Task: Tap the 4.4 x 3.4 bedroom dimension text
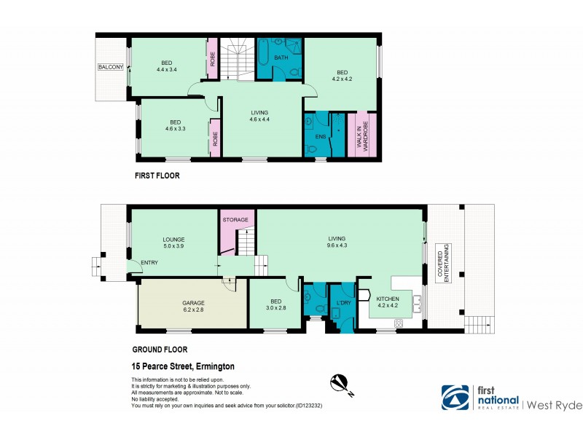tap(168, 70)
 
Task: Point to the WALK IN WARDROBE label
tap(362, 135)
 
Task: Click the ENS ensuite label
tap(320, 135)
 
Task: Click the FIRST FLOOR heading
tap(157, 176)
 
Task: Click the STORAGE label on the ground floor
tap(235, 219)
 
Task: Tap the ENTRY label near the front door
tap(149, 264)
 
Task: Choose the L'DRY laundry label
tap(342, 301)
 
